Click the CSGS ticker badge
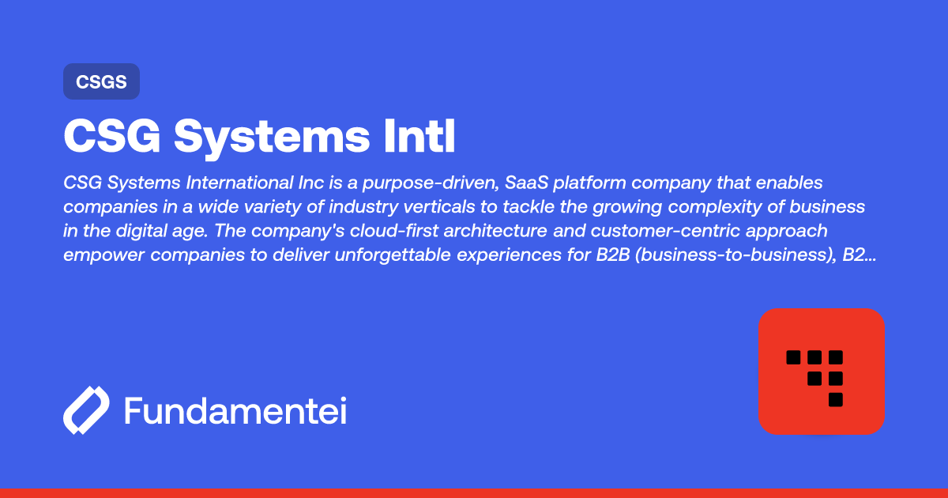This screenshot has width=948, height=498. (102, 81)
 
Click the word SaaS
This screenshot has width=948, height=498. (526, 183)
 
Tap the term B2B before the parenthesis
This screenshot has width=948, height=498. (613, 255)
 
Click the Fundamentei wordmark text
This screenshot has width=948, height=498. (235, 411)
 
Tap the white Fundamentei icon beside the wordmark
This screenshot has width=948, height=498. (86, 410)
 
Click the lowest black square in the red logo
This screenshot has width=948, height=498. (836, 400)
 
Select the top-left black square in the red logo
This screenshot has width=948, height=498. (793, 357)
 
